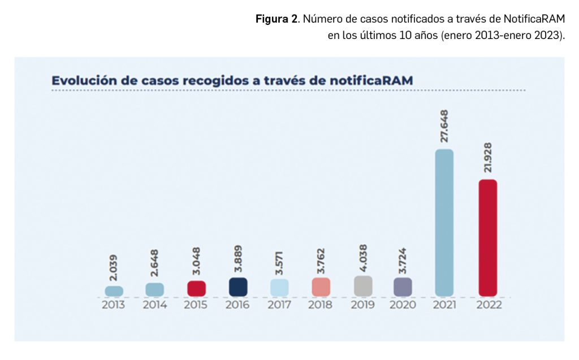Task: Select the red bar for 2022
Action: click(487, 237)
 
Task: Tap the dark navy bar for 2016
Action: click(238, 287)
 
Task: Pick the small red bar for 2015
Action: click(196, 288)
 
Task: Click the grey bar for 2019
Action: click(363, 286)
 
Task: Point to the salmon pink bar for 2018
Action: click(321, 287)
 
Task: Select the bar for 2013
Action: click(114, 290)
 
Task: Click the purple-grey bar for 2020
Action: click(403, 287)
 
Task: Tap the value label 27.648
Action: click(444, 126)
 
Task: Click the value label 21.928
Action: click(487, 157)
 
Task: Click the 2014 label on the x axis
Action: click(154, 305)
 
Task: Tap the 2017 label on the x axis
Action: click(279, 305)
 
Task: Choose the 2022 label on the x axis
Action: click(489, 305)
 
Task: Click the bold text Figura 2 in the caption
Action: click(276, 19)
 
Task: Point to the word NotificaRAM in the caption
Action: click(533, 19)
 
